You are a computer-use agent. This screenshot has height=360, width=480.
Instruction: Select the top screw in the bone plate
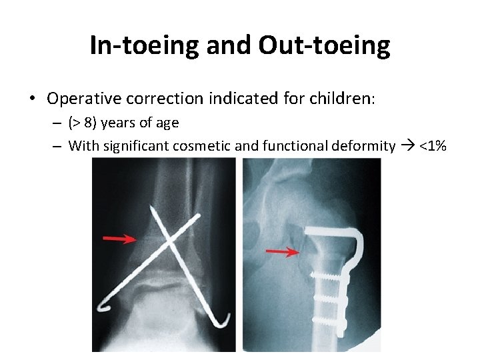click(326, 275)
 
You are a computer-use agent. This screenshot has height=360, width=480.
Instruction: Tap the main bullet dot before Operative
click(32, 99)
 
